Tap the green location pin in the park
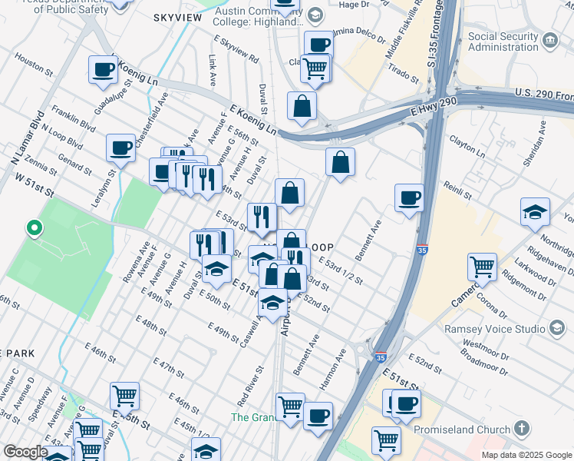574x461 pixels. coord(33,228)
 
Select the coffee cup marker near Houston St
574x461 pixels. coord(103,71)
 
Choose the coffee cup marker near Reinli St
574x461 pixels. coord(409,198)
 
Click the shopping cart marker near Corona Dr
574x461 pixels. coord(482,268)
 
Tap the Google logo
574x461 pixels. coord(25,452)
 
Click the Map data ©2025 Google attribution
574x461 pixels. coord(526,455)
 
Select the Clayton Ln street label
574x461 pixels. coord(468,148)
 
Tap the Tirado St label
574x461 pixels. coord(404,73)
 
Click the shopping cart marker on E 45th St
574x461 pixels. coord(124,396)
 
